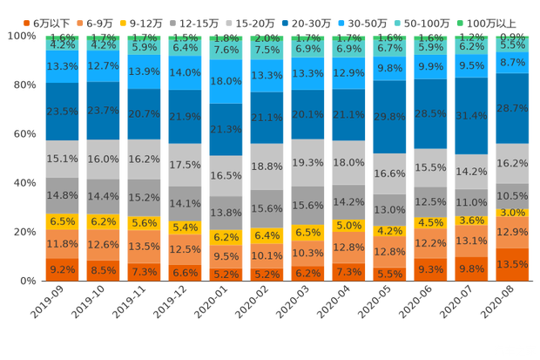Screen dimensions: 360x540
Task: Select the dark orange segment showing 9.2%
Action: click(62, 270)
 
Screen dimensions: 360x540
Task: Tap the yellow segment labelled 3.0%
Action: click(512, 213)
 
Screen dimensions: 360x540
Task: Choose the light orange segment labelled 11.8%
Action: click(62, 244)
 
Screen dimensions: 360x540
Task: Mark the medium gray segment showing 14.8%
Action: click(62, 195)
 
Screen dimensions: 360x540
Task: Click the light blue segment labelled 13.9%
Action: click(144, 70)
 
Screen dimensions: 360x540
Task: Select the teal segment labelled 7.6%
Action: click(226, 50)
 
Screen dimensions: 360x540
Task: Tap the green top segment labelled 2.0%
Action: click(267, 39)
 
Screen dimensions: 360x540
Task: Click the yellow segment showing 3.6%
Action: click(471, 221)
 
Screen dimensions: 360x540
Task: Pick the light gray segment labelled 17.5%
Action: click(185, 165)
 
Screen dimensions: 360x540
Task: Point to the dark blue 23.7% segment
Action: click(103, 110)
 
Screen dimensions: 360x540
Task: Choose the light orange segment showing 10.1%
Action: click(267, 255)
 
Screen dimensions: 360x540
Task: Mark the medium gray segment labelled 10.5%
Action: click(512, 197)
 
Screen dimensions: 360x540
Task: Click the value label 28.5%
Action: click(430, 113)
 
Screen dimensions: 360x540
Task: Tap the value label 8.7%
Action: click(512, 63)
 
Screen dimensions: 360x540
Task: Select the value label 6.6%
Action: click(185, 272)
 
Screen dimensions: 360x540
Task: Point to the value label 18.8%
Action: click(267, 166)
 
